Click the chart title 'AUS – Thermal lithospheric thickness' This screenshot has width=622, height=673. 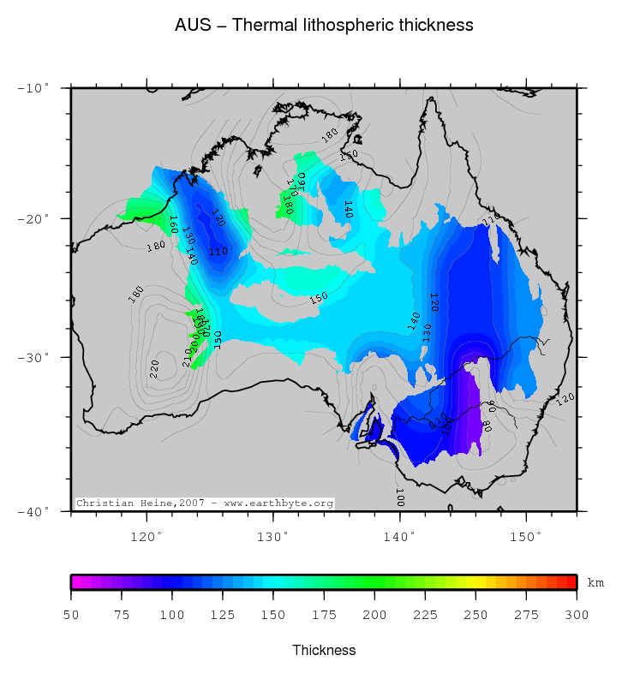324,26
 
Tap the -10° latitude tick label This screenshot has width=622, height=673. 34,88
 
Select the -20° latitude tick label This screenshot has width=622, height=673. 34,218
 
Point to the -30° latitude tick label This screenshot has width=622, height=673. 34,357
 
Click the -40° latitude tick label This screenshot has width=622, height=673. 34,511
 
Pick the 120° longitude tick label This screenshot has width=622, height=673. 147,537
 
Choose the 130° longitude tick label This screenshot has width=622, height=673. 273,537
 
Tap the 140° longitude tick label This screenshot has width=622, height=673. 399,537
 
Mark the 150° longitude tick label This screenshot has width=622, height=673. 526,537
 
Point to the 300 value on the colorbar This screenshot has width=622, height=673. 576,614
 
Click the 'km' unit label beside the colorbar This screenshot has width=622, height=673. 595,583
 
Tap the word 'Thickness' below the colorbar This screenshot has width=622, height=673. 324,650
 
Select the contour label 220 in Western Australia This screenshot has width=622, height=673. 155,368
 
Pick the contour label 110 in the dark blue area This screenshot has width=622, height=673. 218,252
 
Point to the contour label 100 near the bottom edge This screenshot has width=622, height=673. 399,497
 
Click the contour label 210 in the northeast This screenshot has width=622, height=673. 490,222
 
